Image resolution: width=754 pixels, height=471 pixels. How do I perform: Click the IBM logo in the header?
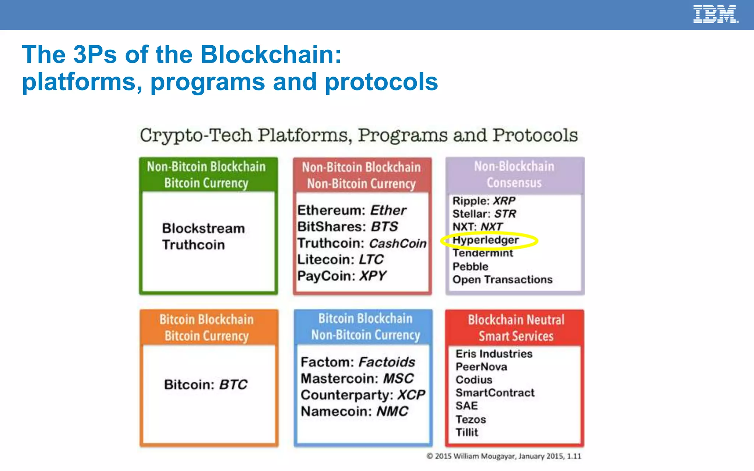coord(715,14)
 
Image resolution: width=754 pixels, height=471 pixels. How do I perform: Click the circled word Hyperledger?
coord(485,240)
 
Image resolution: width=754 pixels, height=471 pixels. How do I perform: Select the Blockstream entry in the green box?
coord(203,229)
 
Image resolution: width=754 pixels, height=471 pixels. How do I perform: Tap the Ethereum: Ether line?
coord(351,210)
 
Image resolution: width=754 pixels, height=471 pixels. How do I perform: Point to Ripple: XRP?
coord(483,201)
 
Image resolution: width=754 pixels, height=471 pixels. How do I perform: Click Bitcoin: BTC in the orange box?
coord(205,385)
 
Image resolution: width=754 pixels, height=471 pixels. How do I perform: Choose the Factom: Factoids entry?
coord(357,362)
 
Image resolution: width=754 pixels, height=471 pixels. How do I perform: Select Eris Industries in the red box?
coord(494,354)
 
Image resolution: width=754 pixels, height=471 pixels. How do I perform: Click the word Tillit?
coord(466,432)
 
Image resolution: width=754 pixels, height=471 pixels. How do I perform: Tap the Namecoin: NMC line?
coord(354,411)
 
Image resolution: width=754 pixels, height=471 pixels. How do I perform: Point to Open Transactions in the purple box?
coord(502,280)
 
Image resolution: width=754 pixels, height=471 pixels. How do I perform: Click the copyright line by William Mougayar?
coord(503,456)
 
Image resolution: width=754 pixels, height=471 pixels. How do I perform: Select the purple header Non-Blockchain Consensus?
coord(514,174)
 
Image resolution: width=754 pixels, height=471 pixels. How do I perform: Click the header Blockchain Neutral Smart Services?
coord(515,327)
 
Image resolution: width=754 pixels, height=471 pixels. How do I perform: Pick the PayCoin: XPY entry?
coord(341,276)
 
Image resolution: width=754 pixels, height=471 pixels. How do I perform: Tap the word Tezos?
coord(471,419)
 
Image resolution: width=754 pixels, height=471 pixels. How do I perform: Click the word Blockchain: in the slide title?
coord(271,54)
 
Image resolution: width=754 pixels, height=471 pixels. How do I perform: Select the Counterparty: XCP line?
coord(363,395)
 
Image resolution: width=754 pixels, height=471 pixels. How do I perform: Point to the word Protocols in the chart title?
coord(535,135)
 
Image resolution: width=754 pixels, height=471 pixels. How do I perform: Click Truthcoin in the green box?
coord(193,245)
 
